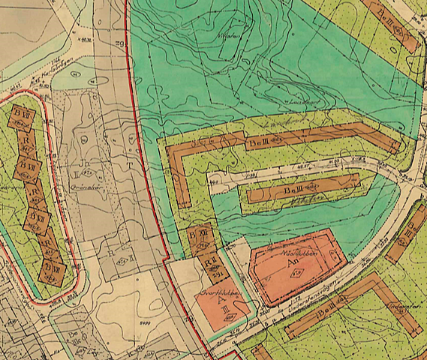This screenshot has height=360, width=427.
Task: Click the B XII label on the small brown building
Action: (200, 234)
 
